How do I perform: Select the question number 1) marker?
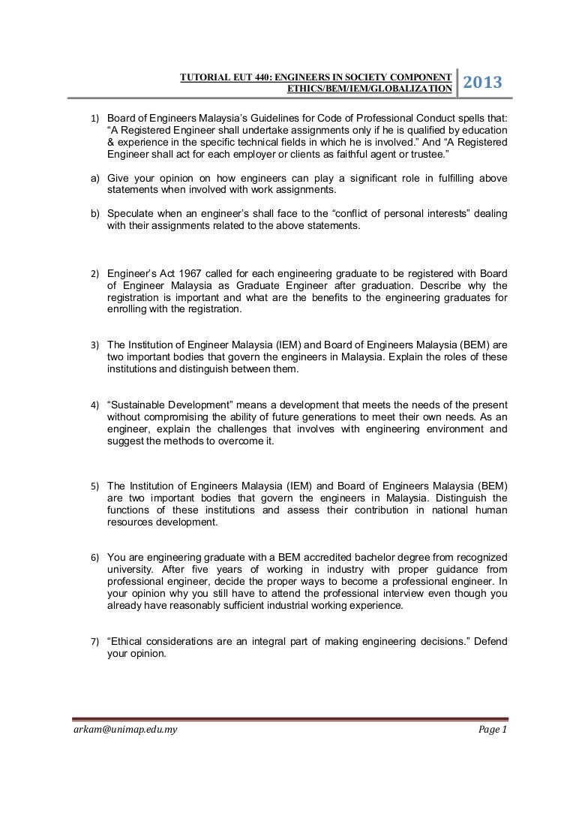95,119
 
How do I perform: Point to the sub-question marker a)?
95,179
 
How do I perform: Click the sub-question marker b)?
95,215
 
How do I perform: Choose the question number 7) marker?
95,643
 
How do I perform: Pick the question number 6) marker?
95,558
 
